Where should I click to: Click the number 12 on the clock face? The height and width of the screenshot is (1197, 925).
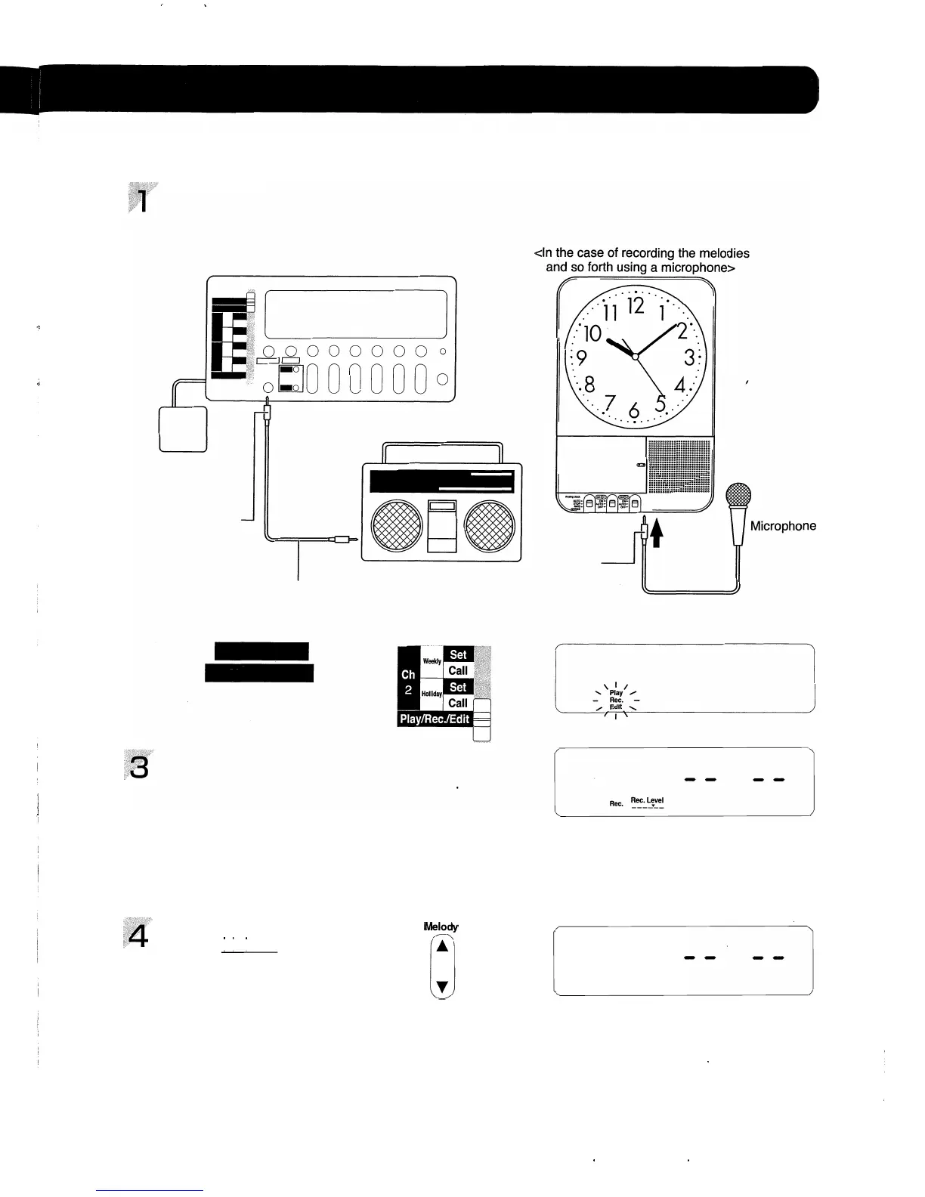click(x=636, y=306)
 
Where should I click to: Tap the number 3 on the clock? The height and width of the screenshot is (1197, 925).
click(x=688, y=357)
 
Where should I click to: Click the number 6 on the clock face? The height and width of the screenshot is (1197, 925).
click(x=633, y=410)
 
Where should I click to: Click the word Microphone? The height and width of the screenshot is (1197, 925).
click(x=783, y=526)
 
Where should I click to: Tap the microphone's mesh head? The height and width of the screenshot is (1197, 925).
click(x=738, y=497)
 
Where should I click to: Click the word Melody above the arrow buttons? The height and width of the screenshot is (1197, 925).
click(x=442, y=927)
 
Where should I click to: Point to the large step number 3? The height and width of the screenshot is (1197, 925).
click(x=139, y=768)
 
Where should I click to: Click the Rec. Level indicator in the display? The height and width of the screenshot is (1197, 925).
click(x=647, y=801)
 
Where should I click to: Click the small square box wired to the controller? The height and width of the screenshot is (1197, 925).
click(x=183, y=428)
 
